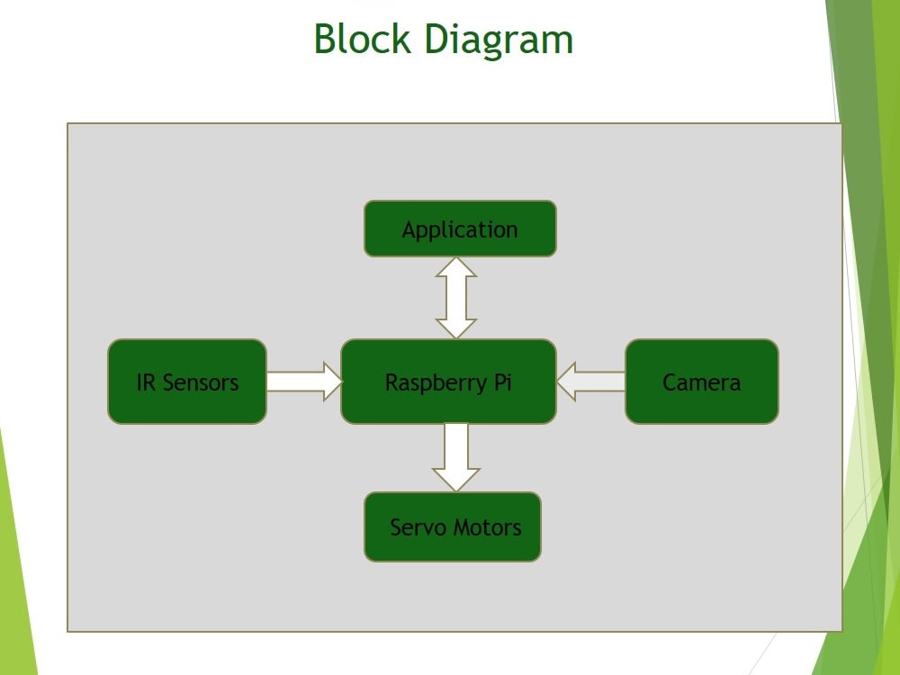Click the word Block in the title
tap(362, 39)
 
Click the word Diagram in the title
tap(499, 41)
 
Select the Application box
tap(460, 229)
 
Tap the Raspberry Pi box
tap(448, 382)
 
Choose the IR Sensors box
tap(187, 382)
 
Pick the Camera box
tap(701, 382)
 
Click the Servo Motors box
tap(453, 526)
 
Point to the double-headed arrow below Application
tap(455, 298)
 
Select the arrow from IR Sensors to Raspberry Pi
tap(304, 382)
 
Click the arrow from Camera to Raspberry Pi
tap(590, 382)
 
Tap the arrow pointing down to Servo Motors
tap(455, 457)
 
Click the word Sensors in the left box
tap(201, 382)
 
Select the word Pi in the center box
tap(502, 382)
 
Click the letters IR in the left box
tap(146, 382)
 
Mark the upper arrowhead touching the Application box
tap(455, 267)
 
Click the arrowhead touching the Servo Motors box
tap(455, 481)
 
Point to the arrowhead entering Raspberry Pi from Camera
tap(566, 382)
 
